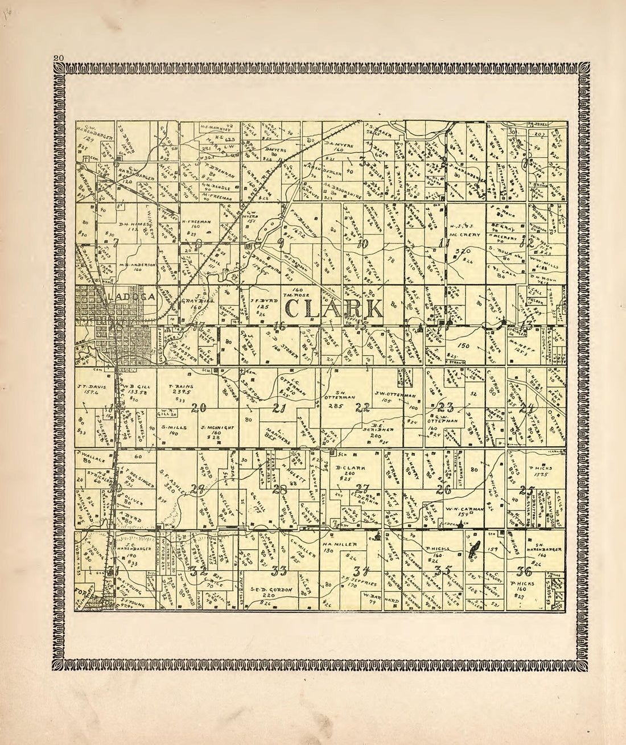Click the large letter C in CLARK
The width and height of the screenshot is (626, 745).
click(x=296, y=309)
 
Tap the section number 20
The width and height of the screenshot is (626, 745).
click(x=199, y=407)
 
